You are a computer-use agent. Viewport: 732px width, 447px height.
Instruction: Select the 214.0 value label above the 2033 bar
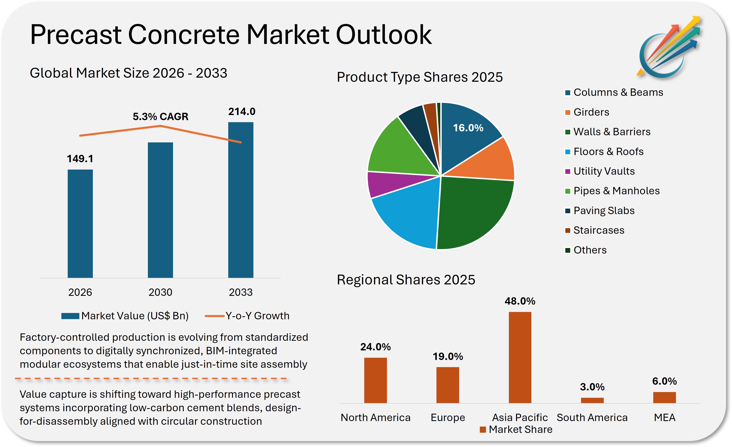click(242, 112)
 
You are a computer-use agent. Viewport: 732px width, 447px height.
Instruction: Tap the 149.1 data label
click(80, 159)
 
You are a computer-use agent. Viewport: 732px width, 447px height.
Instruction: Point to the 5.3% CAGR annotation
click(160, 117)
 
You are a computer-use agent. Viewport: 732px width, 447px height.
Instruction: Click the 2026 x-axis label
click(80, 292)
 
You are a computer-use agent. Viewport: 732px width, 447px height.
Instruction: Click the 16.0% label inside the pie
click(468, 128)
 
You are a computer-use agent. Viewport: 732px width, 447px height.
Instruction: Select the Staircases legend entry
click(599, 230)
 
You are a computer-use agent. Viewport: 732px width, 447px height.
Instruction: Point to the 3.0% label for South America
click(592, 387)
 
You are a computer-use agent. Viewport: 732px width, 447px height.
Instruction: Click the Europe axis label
click(448, 418)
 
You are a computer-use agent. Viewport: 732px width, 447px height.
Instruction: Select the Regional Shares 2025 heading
click(406, 280)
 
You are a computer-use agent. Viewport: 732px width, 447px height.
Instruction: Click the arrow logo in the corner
click(668, 47)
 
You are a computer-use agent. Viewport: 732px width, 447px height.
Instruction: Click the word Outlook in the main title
click(383, 35)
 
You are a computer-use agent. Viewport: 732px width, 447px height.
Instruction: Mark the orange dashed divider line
click(151, 379)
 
